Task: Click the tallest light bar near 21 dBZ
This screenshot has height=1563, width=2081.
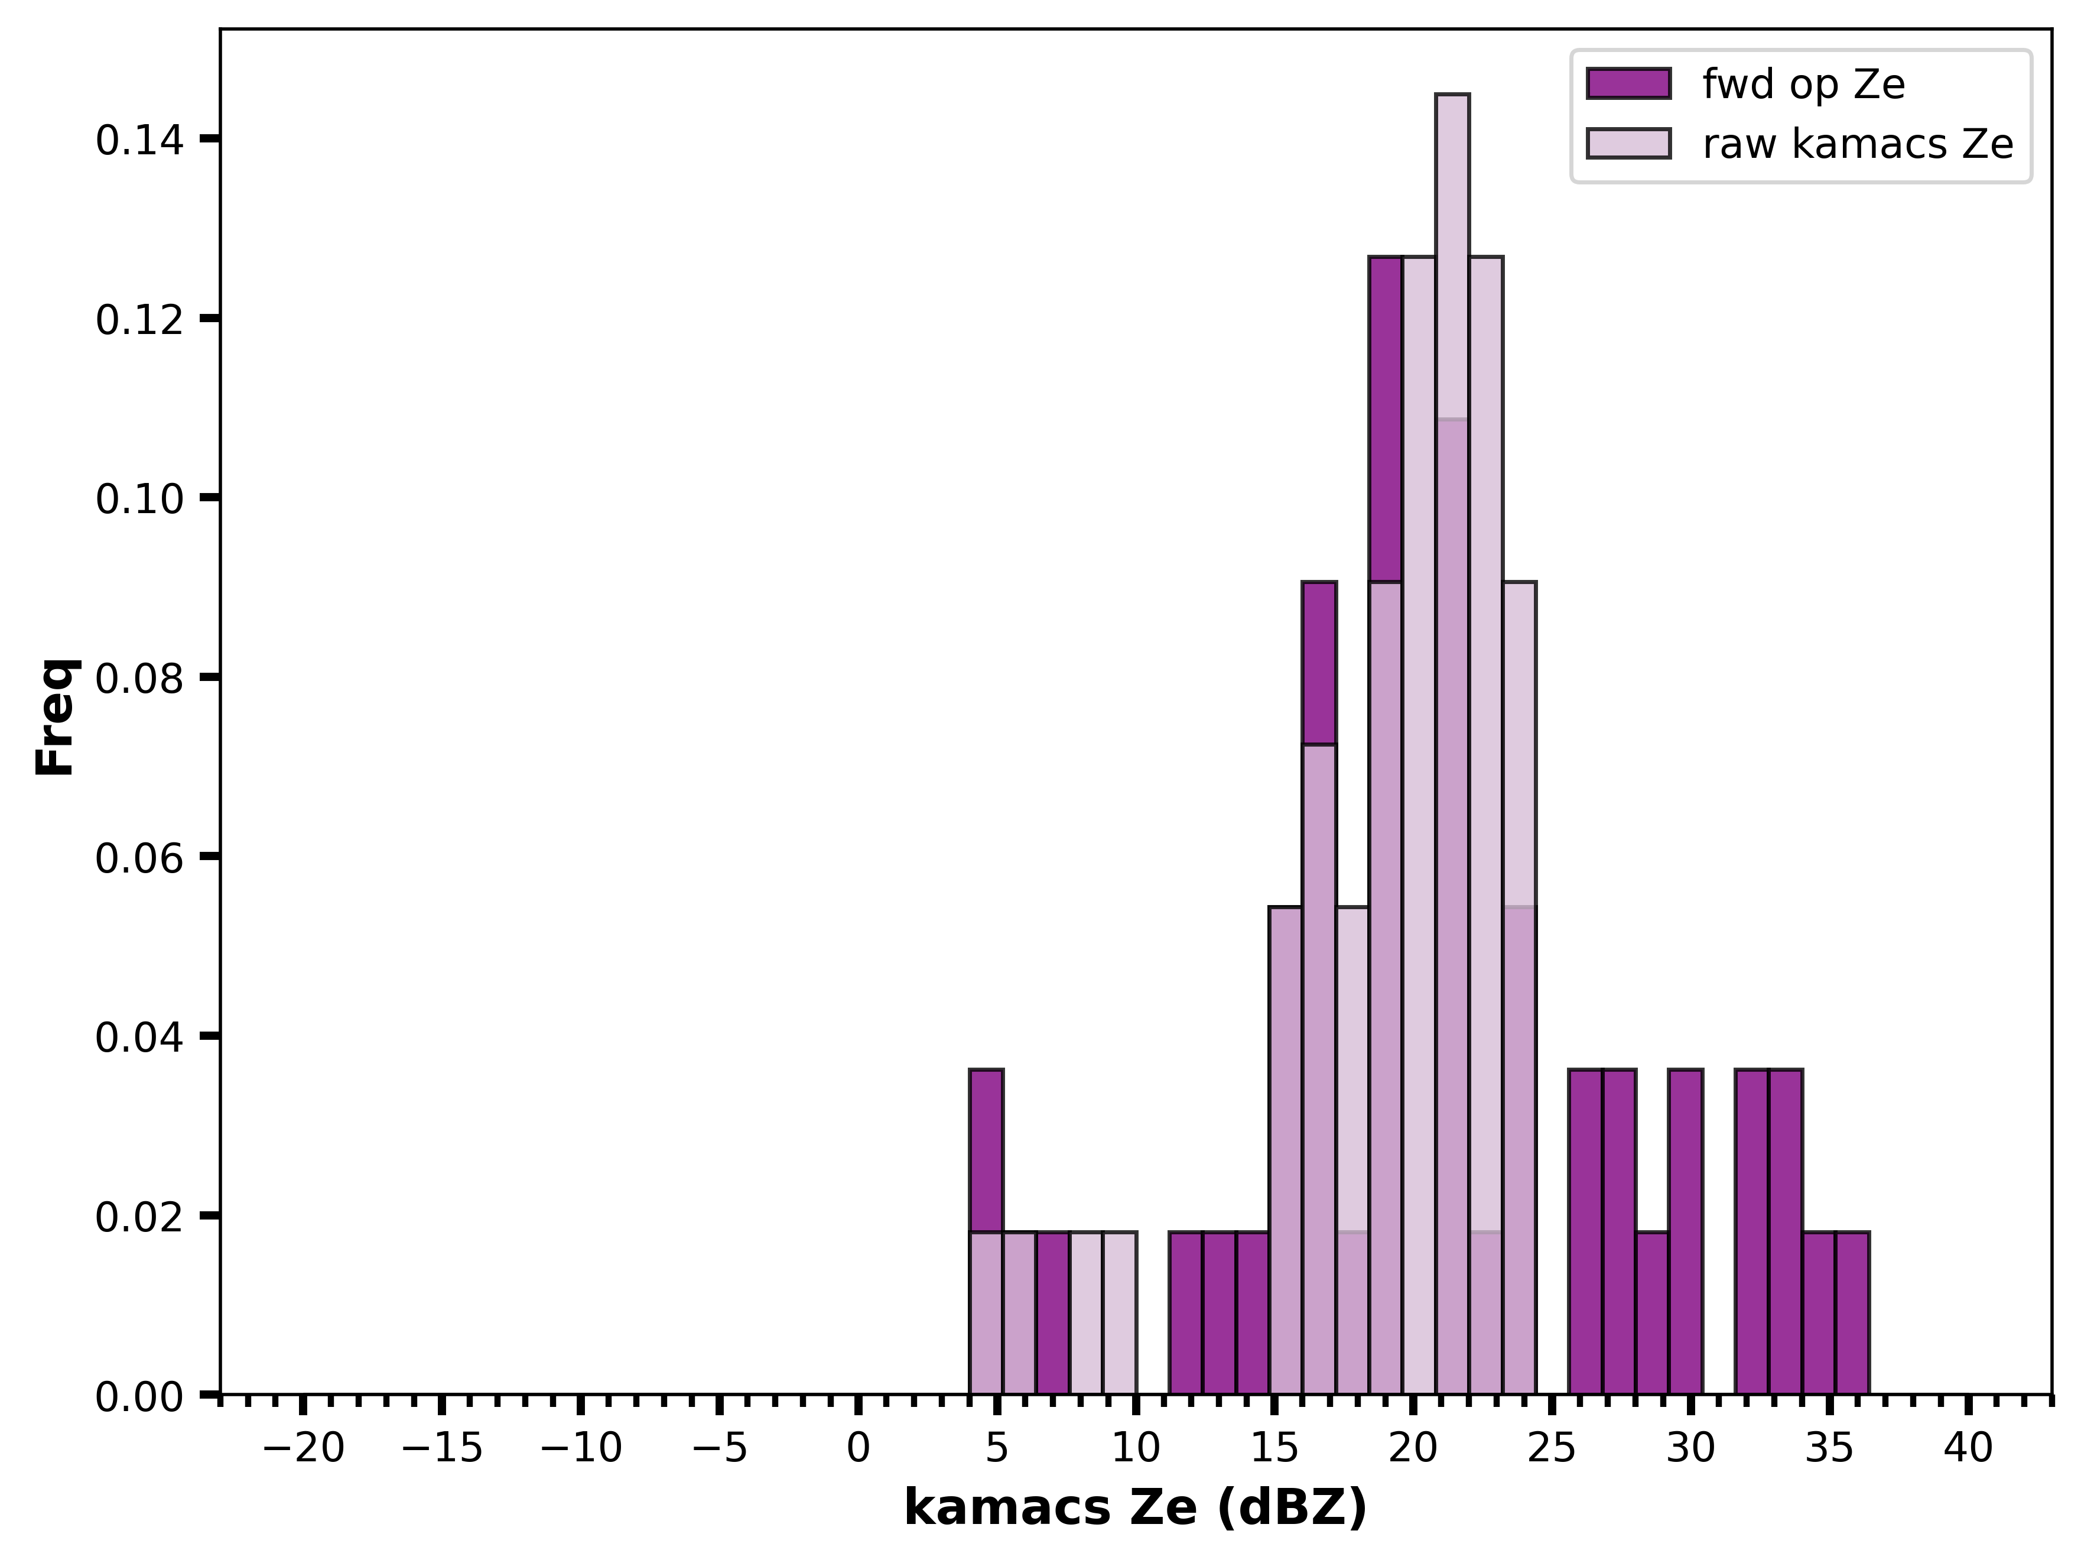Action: [x=1452, y=744]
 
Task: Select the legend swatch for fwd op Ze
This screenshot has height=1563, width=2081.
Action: [x=1628, y=84]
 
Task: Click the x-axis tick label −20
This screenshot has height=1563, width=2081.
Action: [x=303, y=1448]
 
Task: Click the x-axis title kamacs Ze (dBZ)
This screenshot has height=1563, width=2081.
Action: [x=1136, y=1509]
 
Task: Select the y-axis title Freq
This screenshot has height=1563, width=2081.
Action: [x=57, y=717]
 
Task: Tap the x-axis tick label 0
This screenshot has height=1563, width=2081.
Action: [x=858, y=1448]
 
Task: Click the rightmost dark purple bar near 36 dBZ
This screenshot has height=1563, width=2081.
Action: [x=1851, y=1313]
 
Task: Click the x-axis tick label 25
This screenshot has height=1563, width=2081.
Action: [x=1552, y=1448]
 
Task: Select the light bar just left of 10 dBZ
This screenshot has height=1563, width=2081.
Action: [x=1120, y=1313]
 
